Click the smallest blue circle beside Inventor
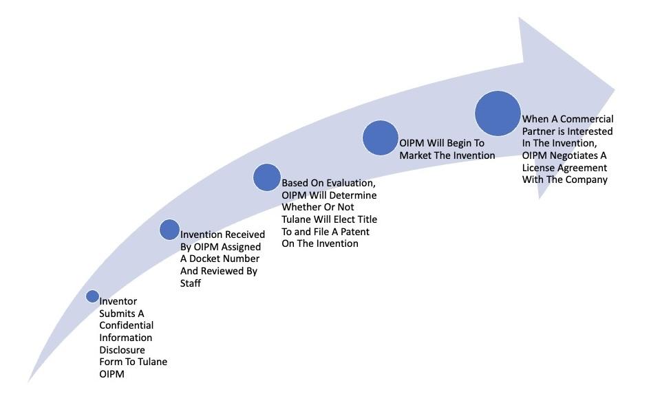pos(93,296)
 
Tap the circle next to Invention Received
pos(169,230)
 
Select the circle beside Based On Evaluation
pos(267,177)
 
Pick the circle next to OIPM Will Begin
pos(381,138)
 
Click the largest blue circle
pos(498,113)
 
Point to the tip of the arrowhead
pos(615,89)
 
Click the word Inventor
pos(118,301)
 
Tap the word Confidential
pos(126,325)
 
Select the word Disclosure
pos(122,349)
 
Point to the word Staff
pos(190,283)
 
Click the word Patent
pos(355,232)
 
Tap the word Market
pos(415,155)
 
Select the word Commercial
pos(587,119)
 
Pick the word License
pos(538,168)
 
